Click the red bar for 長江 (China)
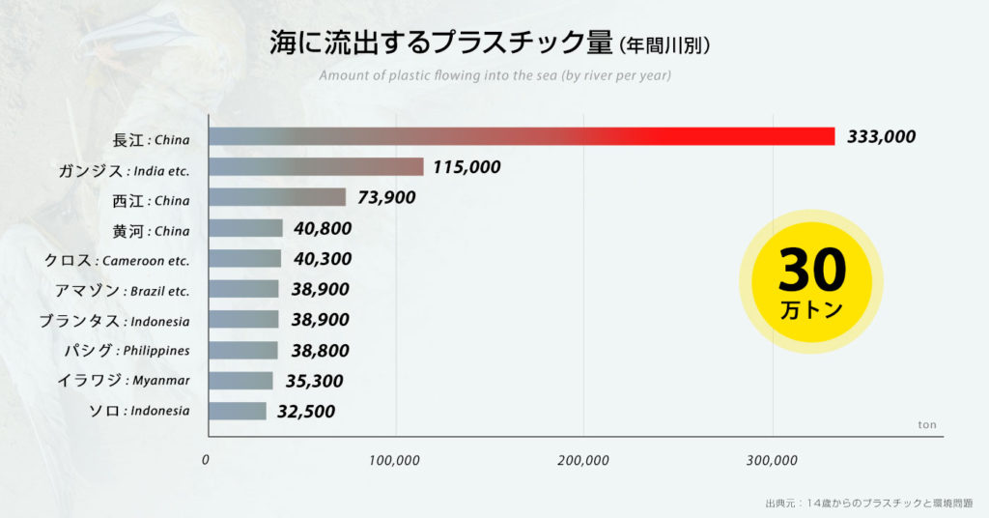(522, 136)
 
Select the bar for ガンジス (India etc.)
(316, 167)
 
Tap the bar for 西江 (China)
(277, 197)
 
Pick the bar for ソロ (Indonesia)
(238, 411)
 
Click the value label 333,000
(881, 136)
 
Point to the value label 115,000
(466, 167)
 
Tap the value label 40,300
(322, 259)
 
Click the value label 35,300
(314, 381)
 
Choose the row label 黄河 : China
(151, 230)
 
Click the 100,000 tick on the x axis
(395, 460)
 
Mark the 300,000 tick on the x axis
(772, 460)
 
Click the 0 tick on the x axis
(206, 460)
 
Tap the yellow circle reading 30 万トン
(811, 280)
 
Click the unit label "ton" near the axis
(926, 424)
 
